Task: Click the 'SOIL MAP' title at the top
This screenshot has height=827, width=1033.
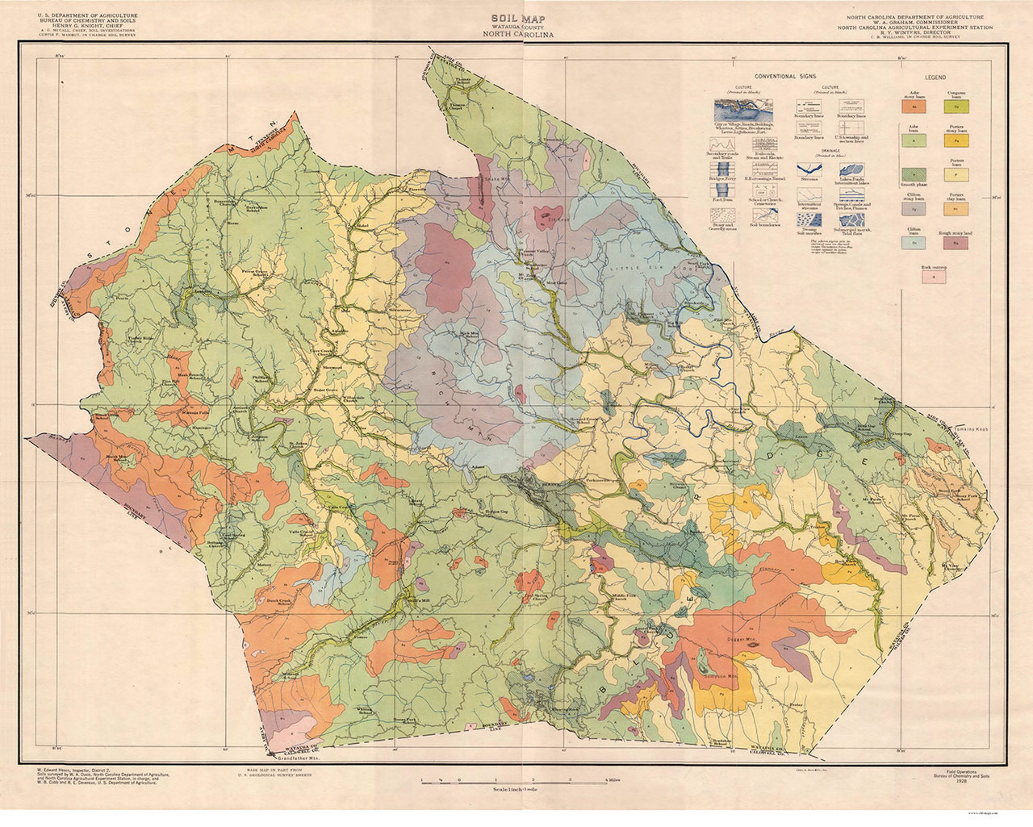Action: coord(516,16)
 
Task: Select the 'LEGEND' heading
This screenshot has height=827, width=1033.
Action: coord(936,77)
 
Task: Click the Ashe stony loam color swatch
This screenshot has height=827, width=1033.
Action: coord(914,105)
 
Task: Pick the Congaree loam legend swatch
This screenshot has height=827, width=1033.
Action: coord(957,105)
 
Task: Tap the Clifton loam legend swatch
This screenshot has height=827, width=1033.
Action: coord(914,240)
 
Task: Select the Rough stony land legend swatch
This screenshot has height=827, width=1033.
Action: coord(957,240)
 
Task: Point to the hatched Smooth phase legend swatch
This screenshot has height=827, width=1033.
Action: coord(914,173)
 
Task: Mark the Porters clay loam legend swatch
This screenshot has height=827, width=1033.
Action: coord(957,207)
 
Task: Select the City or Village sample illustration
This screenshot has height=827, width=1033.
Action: coord(741,108)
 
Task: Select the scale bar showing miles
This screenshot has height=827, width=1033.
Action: coord(516,781)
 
